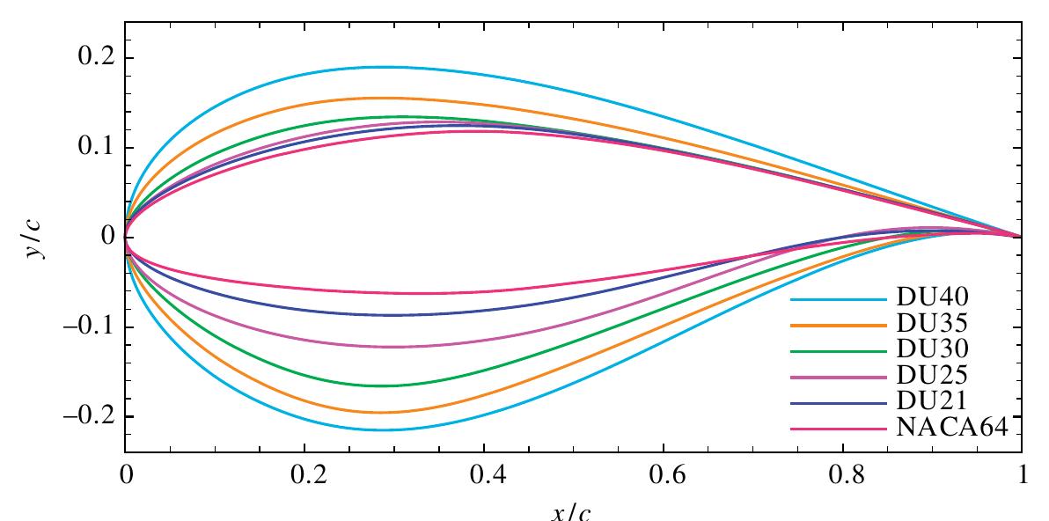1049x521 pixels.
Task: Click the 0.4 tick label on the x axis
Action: [484, 476]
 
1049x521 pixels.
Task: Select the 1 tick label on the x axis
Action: [1022, 476]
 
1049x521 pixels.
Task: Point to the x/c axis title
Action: [573, 511]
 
